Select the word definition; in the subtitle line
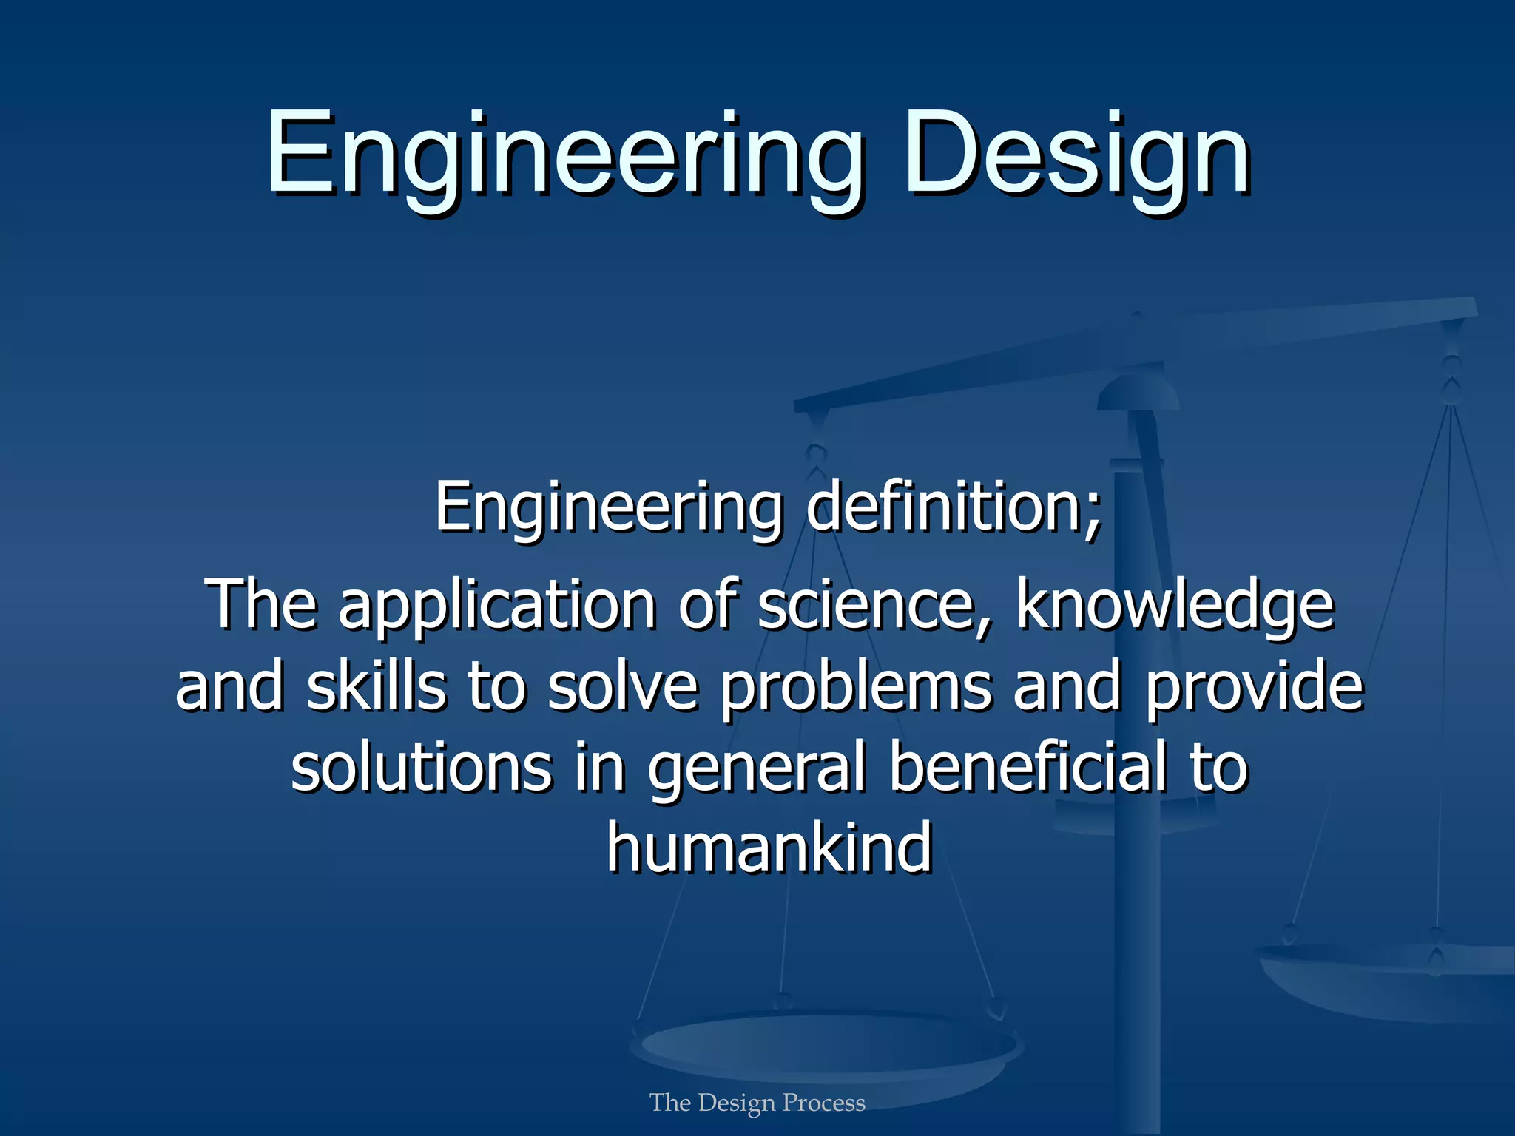click(954, 507)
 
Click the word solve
click(623, 686)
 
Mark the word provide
click(1253, 686)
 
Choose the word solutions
click(422, 768)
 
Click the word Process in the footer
click(823, 1103)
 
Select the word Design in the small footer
click(736, 1103)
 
